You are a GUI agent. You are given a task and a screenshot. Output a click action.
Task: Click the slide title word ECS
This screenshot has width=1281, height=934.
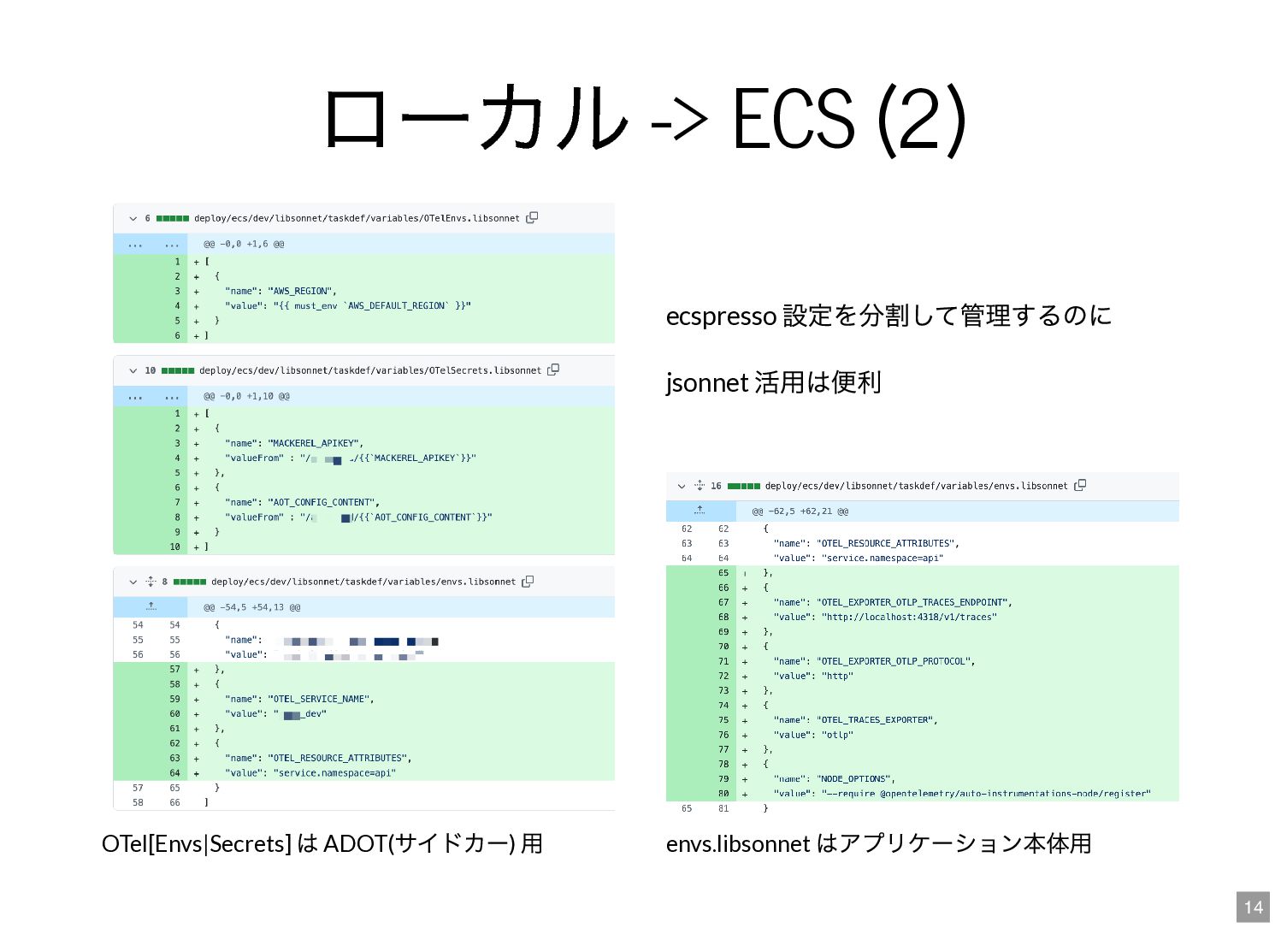click(x=793, y=120)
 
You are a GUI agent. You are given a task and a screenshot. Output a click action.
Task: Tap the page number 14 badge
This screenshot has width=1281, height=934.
click(x=1253, y=907)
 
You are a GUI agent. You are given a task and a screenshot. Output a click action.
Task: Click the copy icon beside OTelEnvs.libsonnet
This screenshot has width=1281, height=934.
click(x=532, y=218)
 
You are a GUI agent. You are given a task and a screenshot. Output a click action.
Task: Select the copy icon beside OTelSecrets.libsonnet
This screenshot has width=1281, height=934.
click(x=553, y=370)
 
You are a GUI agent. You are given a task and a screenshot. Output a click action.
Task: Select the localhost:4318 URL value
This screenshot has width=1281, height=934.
click(x=909, y=618)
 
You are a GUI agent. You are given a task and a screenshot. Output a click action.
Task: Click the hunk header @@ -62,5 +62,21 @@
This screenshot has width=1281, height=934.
click(x=800, y=511)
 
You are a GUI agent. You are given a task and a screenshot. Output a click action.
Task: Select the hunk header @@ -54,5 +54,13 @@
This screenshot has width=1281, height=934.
click(x=251, y=608)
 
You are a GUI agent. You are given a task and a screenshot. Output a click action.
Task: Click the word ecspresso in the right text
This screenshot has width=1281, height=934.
click(x=721, y=316)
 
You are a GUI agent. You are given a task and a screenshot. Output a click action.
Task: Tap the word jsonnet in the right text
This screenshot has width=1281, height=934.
click(x=707, y=383)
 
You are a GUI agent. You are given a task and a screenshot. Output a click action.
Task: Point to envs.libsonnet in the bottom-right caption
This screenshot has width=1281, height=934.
click(x=737, y=844)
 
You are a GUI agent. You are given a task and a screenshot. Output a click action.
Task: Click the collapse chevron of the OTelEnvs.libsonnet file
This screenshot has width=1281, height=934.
click(x=133, y=219)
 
